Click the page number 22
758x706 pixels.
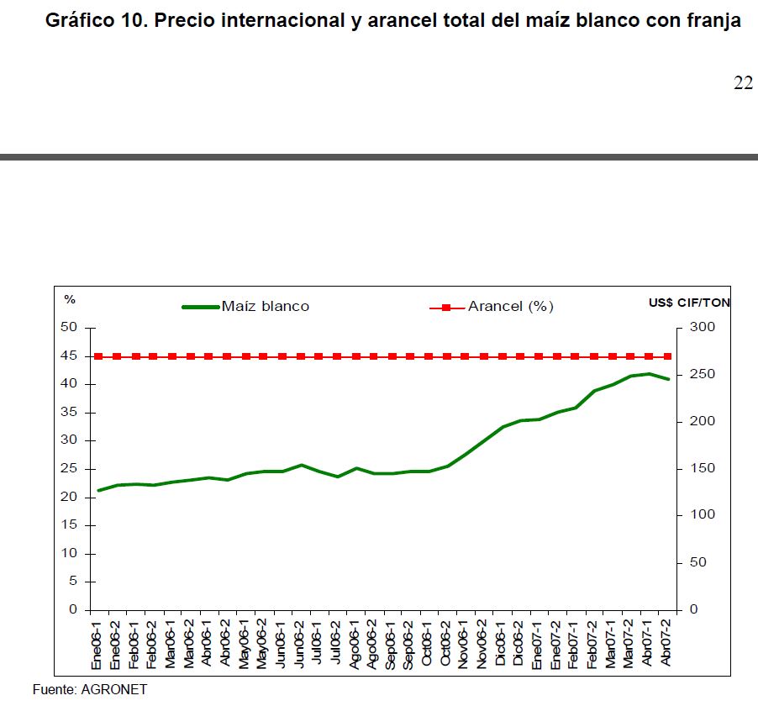coord(743,83)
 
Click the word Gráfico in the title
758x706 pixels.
coord(79,21)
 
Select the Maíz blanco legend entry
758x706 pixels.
coord(265,307)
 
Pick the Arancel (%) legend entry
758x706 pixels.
coord(510,307)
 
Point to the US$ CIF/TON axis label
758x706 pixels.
coord(689,303)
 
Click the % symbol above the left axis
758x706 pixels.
coord(70,300)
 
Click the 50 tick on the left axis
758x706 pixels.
coord(69,328)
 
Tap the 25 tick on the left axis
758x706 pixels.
coord(69,469)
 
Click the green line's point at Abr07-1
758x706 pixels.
coord(649,374)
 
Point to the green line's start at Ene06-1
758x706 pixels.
coord(99,490)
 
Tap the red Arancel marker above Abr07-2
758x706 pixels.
coord(667,356)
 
